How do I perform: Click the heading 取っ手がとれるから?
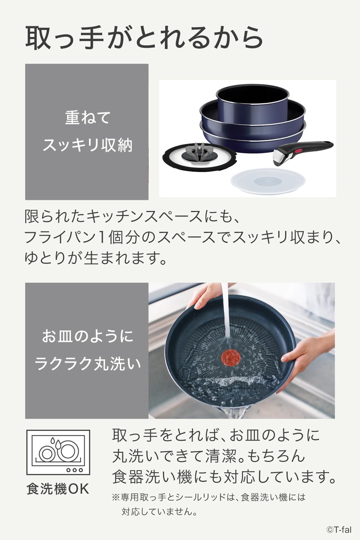point(144,38)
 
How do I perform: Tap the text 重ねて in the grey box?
point(87,118)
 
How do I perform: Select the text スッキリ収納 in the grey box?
point(87,145)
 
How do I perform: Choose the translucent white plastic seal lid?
point(268,181)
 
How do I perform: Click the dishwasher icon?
point(58,452)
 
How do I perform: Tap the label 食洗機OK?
point(58,489)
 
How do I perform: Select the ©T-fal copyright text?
point(338,530)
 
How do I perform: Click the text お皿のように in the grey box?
point(87,336)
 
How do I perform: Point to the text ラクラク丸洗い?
point(87,364)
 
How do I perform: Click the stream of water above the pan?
point(225,310)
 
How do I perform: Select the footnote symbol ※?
point(116,497)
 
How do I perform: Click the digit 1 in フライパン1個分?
point(102,237)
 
